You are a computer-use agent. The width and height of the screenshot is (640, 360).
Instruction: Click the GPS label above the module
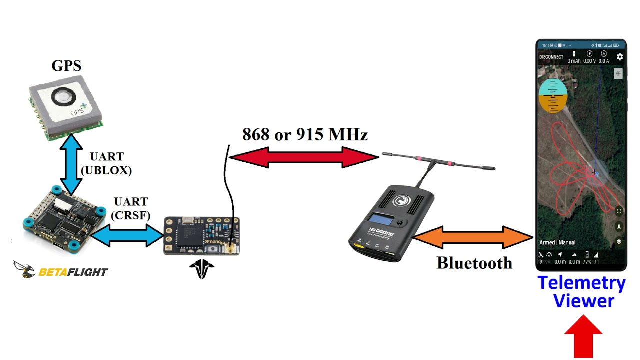(x=66, y=65)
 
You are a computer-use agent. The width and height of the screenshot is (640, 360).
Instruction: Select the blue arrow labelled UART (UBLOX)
(x=70, y=165)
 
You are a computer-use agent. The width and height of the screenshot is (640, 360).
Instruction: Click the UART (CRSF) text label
(x=131, y=208)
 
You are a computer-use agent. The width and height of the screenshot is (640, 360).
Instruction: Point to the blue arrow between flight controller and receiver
(x=128, y=235)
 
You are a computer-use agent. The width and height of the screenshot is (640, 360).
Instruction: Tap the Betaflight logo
(x=60, y=270)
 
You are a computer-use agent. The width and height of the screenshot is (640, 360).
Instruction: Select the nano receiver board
(x=201, y=236)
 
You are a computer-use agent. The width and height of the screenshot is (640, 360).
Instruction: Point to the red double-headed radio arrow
(x=304, y=157)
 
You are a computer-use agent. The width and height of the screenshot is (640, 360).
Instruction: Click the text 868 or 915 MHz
(x=305, y=134)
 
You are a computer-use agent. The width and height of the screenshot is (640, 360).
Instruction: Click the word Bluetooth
(x=474, y=263)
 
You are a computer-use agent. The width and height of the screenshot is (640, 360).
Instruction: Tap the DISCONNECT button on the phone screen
(x=551, y=57)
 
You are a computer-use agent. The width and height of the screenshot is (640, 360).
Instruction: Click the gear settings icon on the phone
(x=620, y=57)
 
